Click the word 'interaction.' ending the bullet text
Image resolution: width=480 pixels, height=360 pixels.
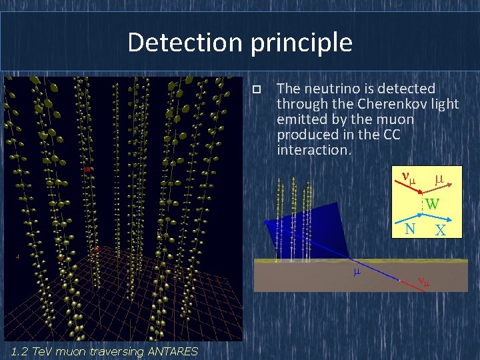coord(313,150)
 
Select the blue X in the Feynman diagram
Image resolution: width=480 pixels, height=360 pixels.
coord(440,231)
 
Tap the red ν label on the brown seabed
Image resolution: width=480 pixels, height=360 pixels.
coord(423,281)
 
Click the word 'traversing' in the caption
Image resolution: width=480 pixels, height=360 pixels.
coord(114,351)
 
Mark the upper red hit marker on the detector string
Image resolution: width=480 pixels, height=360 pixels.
coord(87,169)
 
